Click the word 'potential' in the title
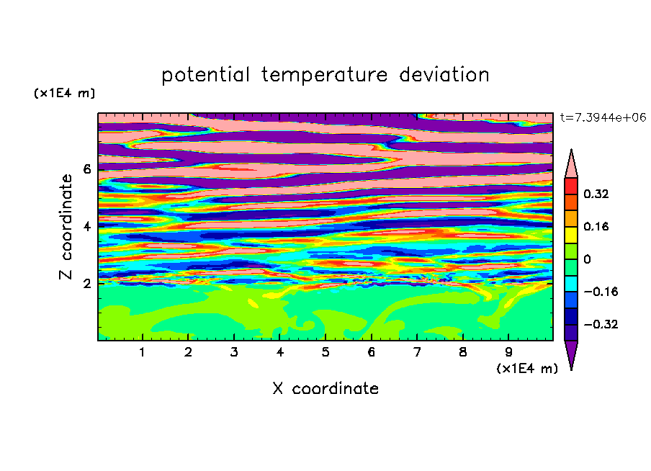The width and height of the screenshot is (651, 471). (x=205, y=75)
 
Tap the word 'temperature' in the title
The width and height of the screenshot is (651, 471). (x=324, y=75)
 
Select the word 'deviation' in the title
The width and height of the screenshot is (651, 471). (x=444, y=75)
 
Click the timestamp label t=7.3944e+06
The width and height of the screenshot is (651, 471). (x=603, y=117)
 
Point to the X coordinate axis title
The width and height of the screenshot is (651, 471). (x=325, y=388)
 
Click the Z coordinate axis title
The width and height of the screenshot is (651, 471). (x=66, y=226)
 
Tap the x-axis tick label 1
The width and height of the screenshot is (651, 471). (x=142, y=352)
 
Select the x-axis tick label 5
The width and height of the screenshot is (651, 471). (x=325, y=352)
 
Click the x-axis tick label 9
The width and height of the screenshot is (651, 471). (x=508, y=352)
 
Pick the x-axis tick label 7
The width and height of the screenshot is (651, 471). (x=417, y=352)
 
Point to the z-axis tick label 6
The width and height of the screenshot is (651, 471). (x=86, y=169)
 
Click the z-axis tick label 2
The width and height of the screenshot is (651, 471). (x=86, y=284)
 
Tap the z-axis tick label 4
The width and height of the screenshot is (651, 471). (x=86, y=226)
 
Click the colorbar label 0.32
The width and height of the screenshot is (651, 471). (x=596, y=194)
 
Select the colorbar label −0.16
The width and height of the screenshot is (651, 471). (x=601, y=292)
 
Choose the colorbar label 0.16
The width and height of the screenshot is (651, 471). (x=596, y=226)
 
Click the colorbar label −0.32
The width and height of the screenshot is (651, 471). (x=601, y=324)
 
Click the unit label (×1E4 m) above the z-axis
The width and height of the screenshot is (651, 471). (x=64, y=93)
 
